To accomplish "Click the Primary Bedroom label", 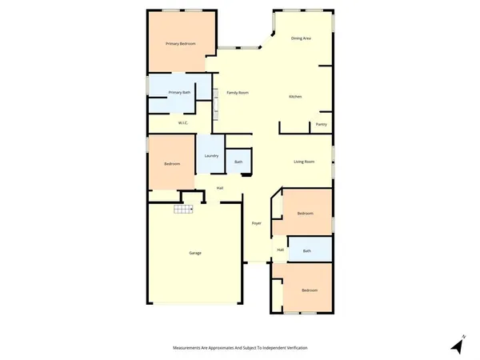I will point(180,43).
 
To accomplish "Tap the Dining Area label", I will point(301,38).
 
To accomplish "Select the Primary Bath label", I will point(179,93).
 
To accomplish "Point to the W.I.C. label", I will point(182,123).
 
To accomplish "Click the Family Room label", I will point(238,93).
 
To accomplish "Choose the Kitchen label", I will point(295,97).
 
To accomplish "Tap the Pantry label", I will point(321,124).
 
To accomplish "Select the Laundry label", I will point(211,155).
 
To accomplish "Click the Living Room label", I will point(303,162).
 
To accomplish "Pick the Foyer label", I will point(257,222).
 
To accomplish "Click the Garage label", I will point(194,253).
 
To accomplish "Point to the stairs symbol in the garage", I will point(185,210).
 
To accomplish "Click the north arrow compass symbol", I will point(458,345).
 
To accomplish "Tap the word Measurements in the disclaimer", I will point(189,348).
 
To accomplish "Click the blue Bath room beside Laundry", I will point(238,162).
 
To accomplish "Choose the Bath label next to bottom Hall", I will point(307,251).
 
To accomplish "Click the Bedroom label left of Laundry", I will point(172,164).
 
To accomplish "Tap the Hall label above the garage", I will point(219,188).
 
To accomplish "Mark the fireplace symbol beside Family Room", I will point(215,104).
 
